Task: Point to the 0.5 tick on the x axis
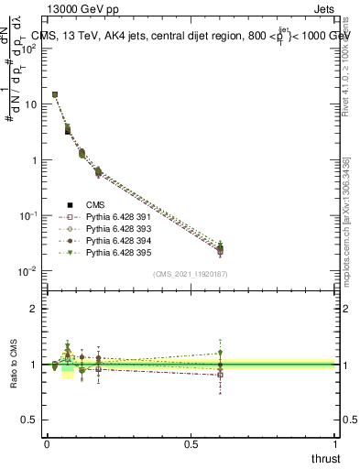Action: click(x=191, y=443)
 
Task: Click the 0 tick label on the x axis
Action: click(x=47, y=443)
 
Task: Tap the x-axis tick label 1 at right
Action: click(x=336, y=443)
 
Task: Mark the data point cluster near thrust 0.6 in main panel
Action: click(x=220, y=248)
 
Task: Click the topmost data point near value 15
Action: click(x=54, y=94)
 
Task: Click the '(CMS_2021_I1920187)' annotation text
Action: click(x=191, y=274)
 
